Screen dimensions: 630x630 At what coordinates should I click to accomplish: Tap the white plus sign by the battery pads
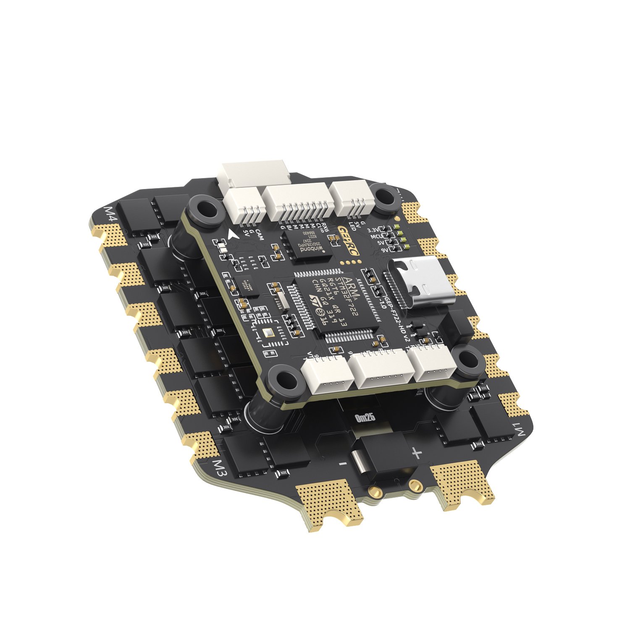coord(416,453)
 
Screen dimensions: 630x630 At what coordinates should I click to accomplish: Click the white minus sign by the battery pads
coord(343,464)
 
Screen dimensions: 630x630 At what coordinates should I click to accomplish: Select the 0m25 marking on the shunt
coord(365,417)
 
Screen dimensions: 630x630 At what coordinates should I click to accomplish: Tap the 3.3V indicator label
coord(373,230)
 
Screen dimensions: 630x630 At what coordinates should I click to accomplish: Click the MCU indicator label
coord(376,236)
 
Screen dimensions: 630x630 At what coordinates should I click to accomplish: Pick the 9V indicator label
coord(385,249)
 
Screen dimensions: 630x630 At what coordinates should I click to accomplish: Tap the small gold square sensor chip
coord(268,333)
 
